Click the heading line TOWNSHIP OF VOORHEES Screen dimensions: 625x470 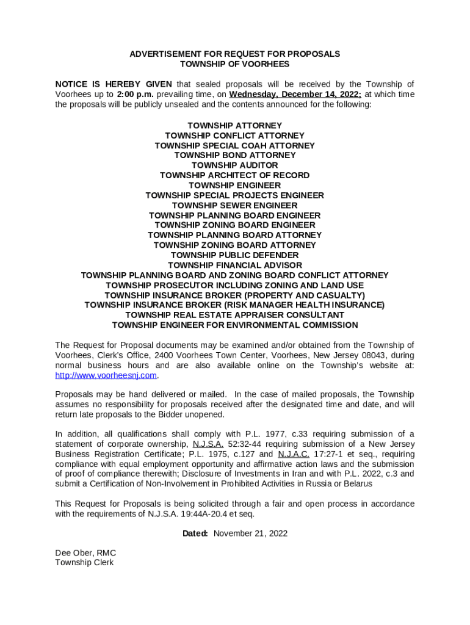tap(234, 64)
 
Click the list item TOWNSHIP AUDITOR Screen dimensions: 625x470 tap(234, 165)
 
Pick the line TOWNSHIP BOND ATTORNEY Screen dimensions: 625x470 tap(234, 155)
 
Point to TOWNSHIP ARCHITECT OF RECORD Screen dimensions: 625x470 tap(234, 175)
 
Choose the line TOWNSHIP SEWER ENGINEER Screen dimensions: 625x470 tap(234, 205)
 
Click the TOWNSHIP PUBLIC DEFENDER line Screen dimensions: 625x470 tap(234, 255)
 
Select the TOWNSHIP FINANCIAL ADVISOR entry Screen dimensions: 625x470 tap(234, 265)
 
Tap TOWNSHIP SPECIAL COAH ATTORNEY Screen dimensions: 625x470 tap(234, 145)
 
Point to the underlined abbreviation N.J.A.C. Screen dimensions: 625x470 tap(294, 454)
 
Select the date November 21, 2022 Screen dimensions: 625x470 tap(250, 533)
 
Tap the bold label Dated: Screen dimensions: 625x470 tap(195, 533)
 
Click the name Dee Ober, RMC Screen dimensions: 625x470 tap(85, 553)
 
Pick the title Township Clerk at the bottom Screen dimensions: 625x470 tap(84, 563)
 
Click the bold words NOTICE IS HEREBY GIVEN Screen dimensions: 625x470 tap(114, 84)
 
